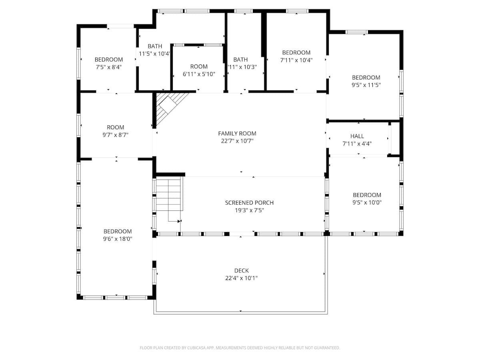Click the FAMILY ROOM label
237,134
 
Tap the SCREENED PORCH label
249,203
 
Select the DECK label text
241,271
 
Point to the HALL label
357,136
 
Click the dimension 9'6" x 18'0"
118,239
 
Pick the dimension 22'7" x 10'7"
237,141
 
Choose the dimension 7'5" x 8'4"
108,67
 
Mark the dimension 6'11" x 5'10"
199,74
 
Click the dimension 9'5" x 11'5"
366,85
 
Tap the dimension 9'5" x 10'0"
367,202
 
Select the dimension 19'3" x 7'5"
249,210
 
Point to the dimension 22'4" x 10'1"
241,278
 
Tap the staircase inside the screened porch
169,195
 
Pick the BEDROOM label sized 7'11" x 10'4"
296,53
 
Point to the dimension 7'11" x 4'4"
357,144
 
